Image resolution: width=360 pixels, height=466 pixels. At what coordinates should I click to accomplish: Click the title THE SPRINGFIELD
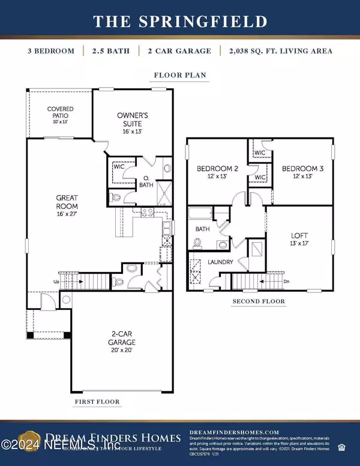[x=180, y=22]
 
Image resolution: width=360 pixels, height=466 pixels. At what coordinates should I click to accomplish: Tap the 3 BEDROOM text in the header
[x=51, y=51]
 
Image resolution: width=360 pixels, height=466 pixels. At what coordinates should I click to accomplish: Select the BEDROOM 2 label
[x=218, y=169]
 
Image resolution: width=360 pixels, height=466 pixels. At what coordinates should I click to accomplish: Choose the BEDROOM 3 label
[x=303, y=169]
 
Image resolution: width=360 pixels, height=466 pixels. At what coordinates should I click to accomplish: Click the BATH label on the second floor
[x=202, y=229]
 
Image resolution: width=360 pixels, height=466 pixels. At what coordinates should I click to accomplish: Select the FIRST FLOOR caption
[x=97, y=401]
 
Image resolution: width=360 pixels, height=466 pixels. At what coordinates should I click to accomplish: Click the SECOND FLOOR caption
[x=259, y=301]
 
